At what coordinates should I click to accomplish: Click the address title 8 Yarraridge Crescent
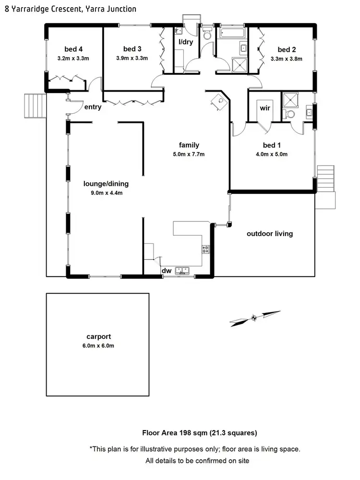(x=70, y=9)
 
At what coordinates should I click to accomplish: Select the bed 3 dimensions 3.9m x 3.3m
(x=132, y=58)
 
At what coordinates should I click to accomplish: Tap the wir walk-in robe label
(x=265, y=108)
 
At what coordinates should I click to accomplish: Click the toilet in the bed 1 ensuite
(x=288, y=114)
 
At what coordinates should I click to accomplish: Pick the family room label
(x=189, y=145)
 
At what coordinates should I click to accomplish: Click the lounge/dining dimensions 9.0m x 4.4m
(x=106, y=193)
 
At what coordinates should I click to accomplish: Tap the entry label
(x=93, y=107)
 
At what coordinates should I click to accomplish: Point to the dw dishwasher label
(x=167, y=271)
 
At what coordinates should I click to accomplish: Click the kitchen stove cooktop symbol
(x=206, y=249)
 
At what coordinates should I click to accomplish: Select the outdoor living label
(x=270, y=234)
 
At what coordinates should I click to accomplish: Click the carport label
(x=99, y=336)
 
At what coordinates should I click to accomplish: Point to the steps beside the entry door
(x=35, y=105)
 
